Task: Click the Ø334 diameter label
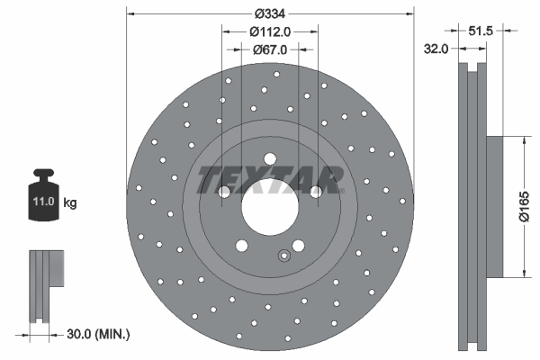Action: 269,13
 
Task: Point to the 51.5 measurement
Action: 482,31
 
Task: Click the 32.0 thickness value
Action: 436,50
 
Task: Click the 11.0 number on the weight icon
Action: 42,202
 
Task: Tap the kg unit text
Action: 69,203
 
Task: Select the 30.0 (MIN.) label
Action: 100,334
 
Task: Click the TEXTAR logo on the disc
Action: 269,178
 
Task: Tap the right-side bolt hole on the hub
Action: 314,191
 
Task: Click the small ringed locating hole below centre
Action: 284,254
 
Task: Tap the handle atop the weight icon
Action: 43,175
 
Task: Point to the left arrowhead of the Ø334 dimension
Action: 130,13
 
